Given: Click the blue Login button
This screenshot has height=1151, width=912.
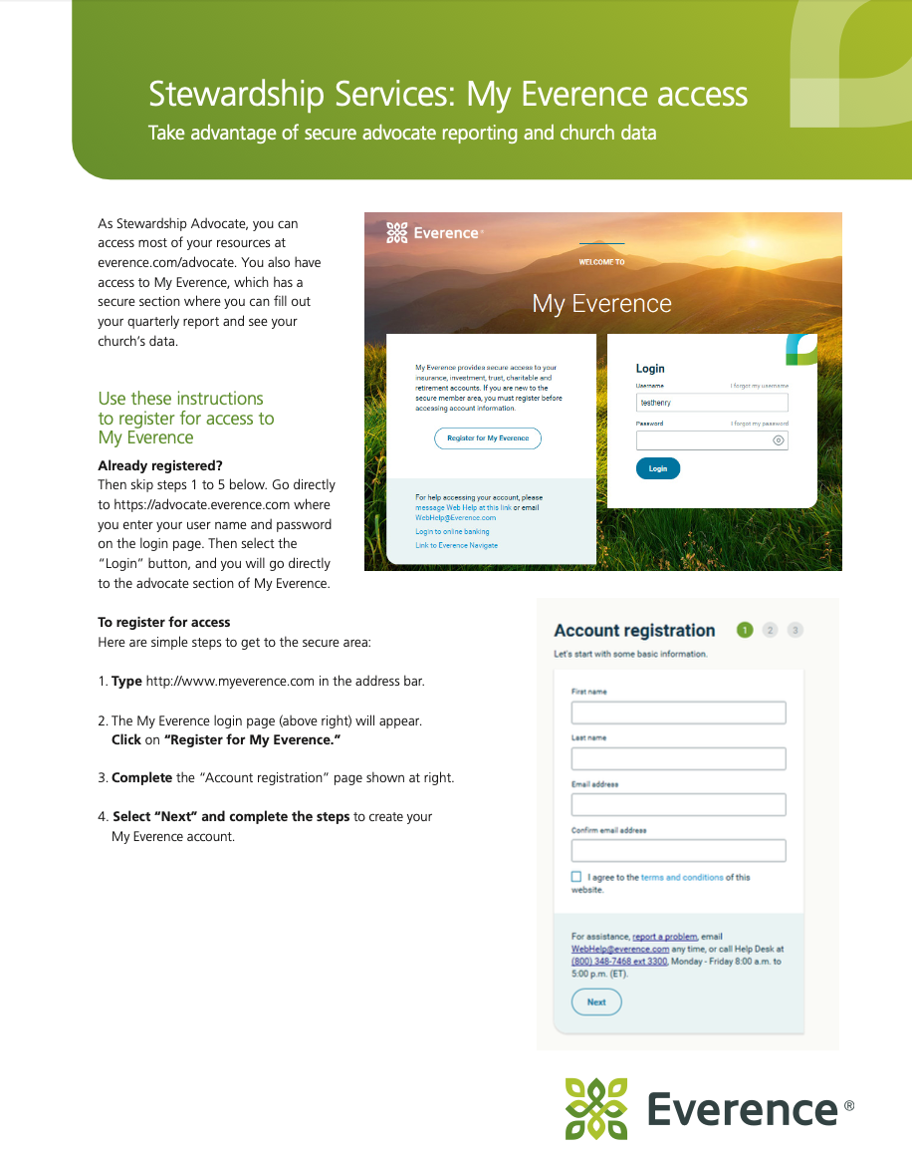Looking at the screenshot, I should tap(658, 468).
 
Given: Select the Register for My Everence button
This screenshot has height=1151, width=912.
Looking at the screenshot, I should tap(488, 438).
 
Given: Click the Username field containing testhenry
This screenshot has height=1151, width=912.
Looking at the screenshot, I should tap(712, 403).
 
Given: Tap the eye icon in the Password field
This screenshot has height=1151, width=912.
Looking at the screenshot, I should tap(779, 439).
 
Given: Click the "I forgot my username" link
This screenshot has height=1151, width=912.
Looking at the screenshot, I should tap(759, 386).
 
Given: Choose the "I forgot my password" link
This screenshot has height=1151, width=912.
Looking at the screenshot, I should tap(759, 424).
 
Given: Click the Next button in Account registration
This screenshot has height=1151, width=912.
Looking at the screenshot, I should tap(596, 1003).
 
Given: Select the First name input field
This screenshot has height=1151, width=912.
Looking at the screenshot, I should tap(678, 713).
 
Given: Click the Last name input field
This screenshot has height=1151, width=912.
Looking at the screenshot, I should tap(678, 758).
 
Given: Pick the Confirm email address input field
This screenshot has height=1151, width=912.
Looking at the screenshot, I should tap(678, 851).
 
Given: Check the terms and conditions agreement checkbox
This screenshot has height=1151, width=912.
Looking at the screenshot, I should tap(576, 877).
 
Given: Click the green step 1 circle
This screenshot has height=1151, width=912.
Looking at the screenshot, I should tap(745, 630).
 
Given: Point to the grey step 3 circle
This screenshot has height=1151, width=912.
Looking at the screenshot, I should tap(795, 630).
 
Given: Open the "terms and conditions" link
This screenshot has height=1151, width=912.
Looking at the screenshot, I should tap(682, 878).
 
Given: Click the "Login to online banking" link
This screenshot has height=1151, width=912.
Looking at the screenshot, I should tap(452, 532).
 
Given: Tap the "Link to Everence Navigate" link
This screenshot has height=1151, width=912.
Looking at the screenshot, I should tap(456, 546).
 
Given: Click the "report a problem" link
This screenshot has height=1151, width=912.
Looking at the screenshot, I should tap(664, 937).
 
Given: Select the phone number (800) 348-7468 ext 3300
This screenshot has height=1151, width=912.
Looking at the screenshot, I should tap(618, 962).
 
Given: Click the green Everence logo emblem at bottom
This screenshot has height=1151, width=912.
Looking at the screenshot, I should tap(596, 1108).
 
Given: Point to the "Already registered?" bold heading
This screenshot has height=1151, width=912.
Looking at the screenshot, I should tap(160, 465).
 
